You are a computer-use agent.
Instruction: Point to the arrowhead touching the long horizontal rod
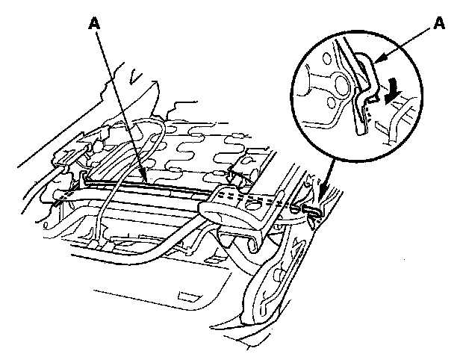(141, 179)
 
